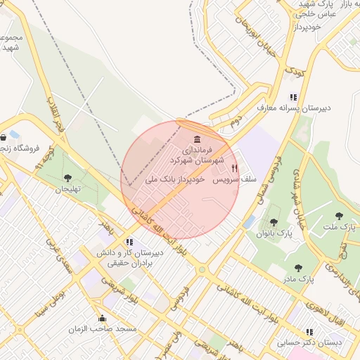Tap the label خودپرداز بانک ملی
tap(174, 180)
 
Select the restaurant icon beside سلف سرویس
tap(234, 169)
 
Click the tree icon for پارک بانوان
tap(274, 222)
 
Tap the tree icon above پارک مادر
tap(298, 268)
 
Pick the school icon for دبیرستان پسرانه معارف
tap(293, 97)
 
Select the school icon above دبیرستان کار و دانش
tap(129, 242)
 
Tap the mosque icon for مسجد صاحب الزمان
tap(103, 318)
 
